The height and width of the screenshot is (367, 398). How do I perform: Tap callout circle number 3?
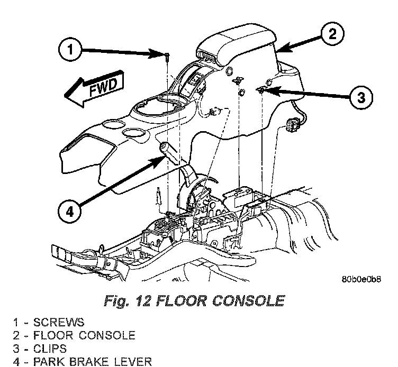click(x=360, y=97)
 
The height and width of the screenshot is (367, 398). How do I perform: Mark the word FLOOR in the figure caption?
click(x=182, y=301)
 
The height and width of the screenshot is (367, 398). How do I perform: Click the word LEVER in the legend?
click(x=134, y=362)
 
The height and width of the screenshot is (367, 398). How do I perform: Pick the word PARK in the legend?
click(x=51, y=362)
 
